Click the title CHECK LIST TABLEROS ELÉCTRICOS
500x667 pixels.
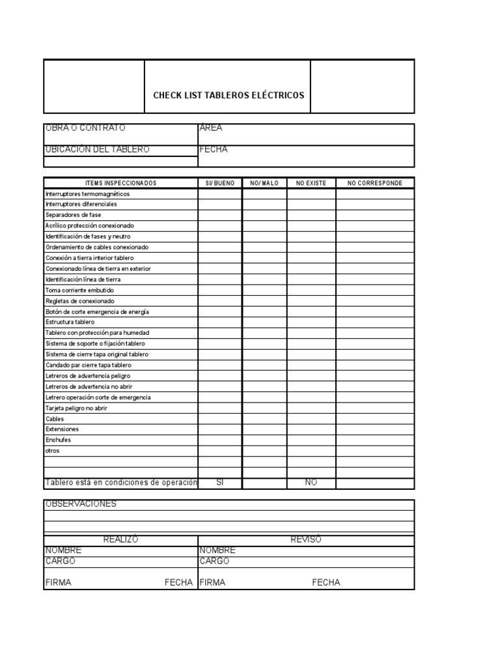coord(228,95)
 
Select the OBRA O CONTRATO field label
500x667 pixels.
coord(85,128)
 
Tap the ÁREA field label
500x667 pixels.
coord(211,128)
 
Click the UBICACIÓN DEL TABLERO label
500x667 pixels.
coord(97,149)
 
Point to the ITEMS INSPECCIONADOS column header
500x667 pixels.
coord(120,183)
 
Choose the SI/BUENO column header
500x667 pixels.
coord(220,183)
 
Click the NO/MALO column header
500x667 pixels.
coord(264,183)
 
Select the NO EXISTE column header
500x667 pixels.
coord(311,183)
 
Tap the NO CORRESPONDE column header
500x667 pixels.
coord(375,183)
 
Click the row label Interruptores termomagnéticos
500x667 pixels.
coord(87,193)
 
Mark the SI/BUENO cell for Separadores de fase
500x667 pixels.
coord(220,215)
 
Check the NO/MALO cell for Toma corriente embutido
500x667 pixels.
coord(264,290)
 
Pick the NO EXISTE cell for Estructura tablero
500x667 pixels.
coord(311,322)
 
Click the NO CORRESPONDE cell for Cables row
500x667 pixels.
coord(375,419)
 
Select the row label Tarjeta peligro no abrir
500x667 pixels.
coord(76,408)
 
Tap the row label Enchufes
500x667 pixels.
coord(58,440)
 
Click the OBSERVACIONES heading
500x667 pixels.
coord(81,504)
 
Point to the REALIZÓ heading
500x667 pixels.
coord(120,539)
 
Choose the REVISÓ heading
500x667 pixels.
coord(305,539)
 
